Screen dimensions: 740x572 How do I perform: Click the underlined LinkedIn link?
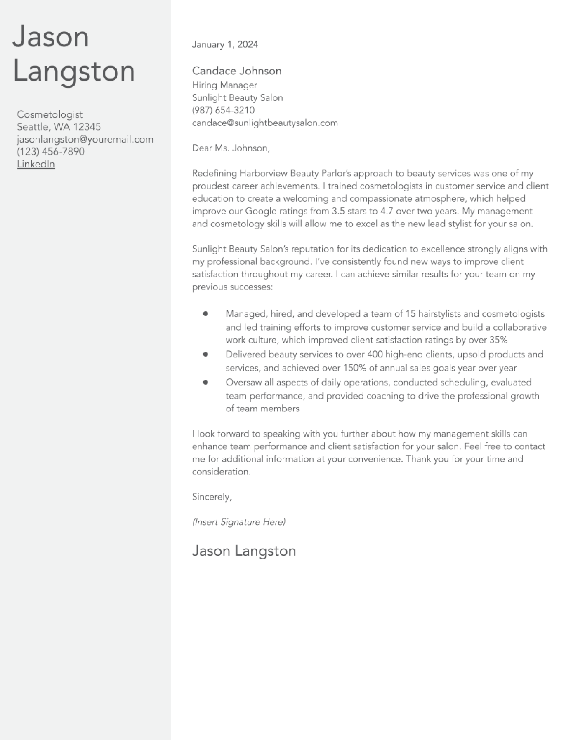[36, 164]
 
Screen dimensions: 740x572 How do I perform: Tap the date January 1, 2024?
[225, 44]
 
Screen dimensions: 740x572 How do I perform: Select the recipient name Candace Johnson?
[236, 71]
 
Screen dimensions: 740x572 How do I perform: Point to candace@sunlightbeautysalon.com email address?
[265, 123]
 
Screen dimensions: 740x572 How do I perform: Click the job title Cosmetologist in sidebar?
[50, 115]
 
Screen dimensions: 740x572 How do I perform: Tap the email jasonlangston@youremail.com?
[85, 139]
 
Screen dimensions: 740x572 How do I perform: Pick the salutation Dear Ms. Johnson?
[231, 148]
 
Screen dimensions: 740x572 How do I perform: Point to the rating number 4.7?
[386, 211]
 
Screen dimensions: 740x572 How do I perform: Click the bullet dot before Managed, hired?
[205, 314]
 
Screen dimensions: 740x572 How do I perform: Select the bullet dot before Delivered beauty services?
[205, 354]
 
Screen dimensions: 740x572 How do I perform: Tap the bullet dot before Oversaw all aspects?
[205, 382]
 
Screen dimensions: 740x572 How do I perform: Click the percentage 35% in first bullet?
[498, 340]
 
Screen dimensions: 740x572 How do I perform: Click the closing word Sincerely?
[212, 497]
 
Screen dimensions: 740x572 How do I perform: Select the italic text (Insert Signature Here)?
[239, 522]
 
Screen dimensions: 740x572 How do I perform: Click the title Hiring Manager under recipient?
[224, 85]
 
